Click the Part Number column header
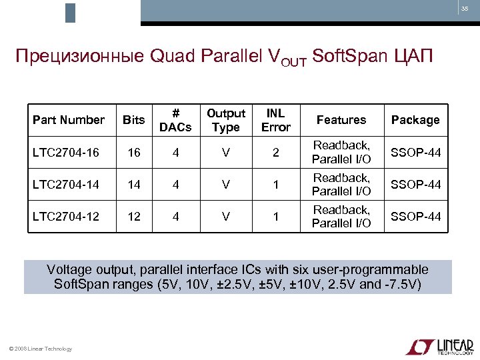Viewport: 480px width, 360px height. pos(69,120)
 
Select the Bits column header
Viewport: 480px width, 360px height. pos(134,120)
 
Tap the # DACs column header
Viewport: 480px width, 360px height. pos(176,120)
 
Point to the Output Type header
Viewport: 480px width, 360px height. pos(226,120)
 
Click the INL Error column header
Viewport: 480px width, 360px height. pos(275,120)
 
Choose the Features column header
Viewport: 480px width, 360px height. pos(341,120)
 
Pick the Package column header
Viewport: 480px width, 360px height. pos(415,120)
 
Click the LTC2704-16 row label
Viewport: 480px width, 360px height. pos(66,153)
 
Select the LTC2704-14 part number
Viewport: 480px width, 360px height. pos(66,185)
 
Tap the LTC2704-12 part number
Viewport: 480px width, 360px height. pos(66,217)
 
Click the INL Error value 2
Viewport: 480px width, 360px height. pos(275,153)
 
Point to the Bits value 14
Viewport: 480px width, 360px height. pos(134,185)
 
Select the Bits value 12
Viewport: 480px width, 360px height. pos(134,217)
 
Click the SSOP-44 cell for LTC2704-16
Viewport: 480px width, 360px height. pos(415,153)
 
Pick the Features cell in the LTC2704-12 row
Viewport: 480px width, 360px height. pos(341,217)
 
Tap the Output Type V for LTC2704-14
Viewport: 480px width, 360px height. pos(226,185)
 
